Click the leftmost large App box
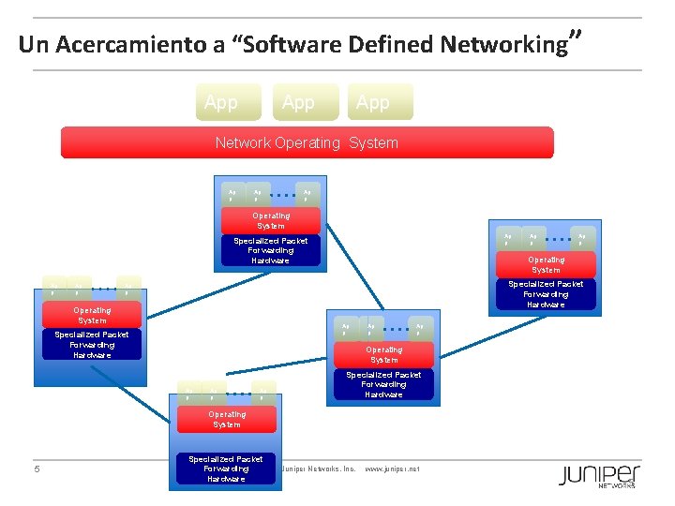click(221, 102)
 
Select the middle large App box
click(298, 102)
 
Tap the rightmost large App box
click(373, 102)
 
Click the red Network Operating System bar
click(307, 143)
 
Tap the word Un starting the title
click(31, 44)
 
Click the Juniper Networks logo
click(600, 474)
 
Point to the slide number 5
click(37, 469)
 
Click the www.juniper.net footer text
click(391, 469)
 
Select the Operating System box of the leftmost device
click(92, 316)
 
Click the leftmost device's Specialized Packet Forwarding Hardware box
click(92, 345)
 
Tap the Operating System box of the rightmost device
click(546, 264)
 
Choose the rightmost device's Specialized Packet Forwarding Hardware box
click(546, 294)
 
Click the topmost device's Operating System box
click(271, 220)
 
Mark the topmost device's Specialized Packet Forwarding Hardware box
click(271, 250)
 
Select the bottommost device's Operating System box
click(226, 419)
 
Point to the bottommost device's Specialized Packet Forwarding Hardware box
click(226, 469)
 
